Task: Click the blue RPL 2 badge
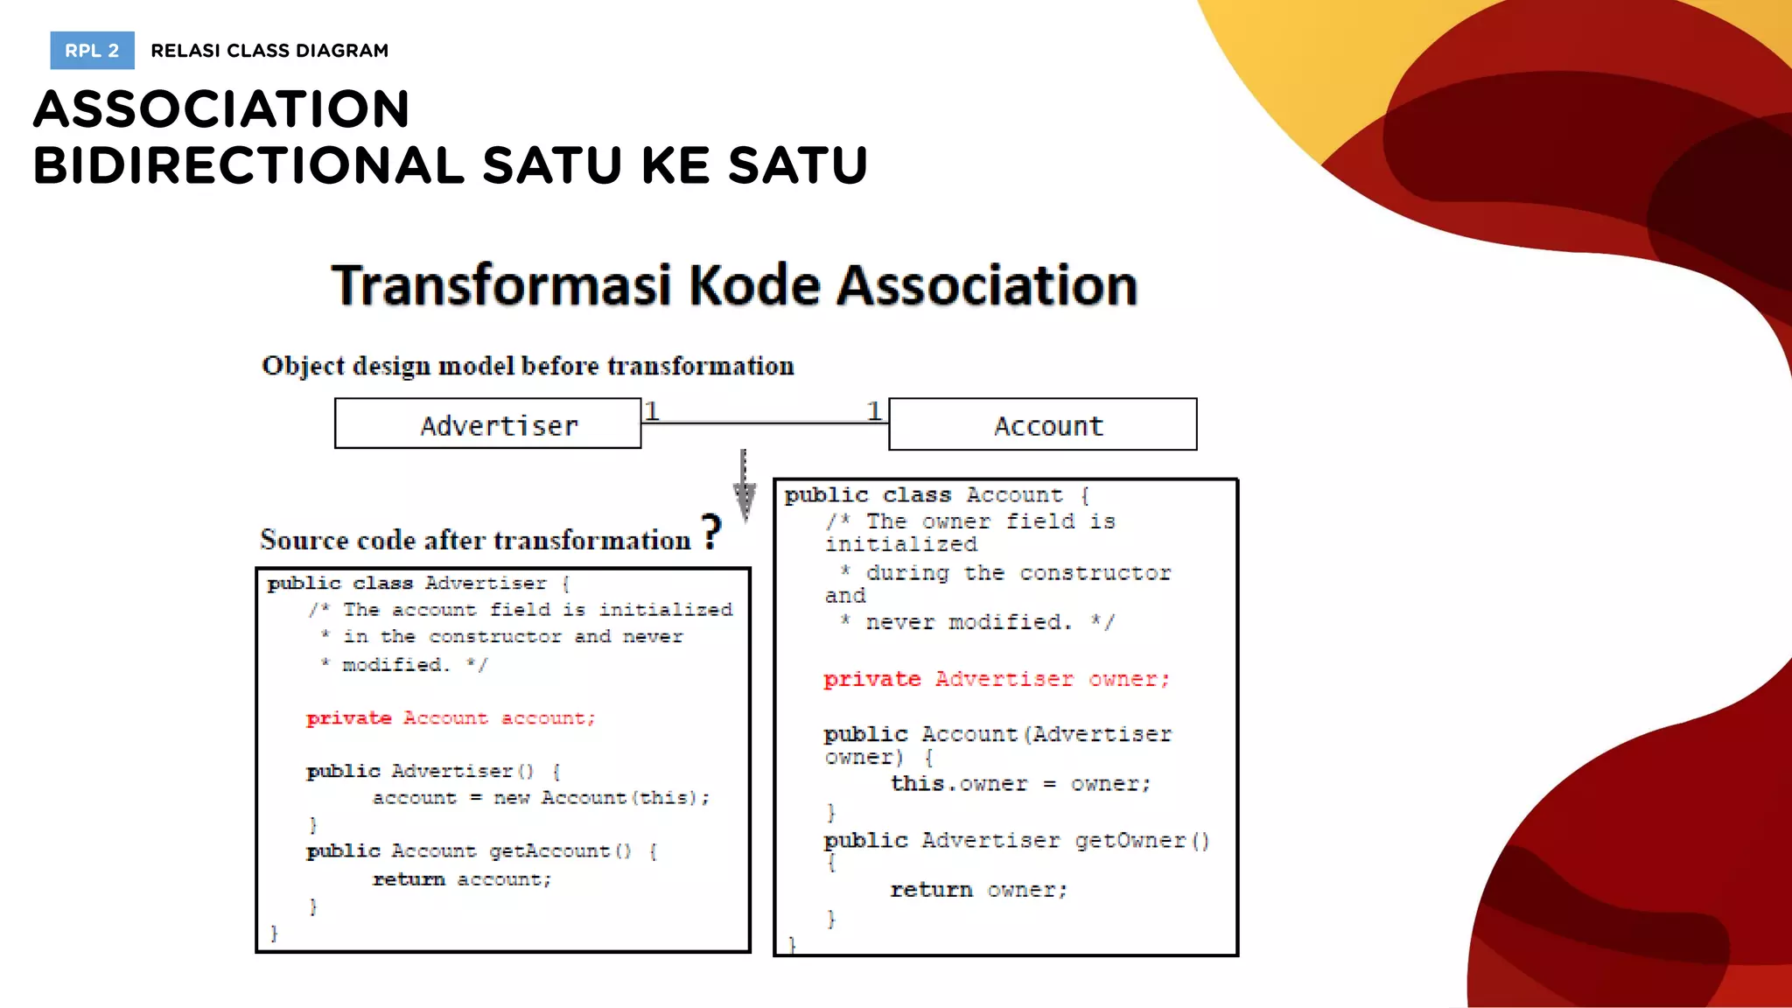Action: tap(92, 51)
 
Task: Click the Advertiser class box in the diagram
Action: tap(488, 424)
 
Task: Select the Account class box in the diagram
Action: tap(1042, 425)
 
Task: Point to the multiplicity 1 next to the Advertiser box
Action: tap(652, 409)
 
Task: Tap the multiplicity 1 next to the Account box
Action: tap(873, 409)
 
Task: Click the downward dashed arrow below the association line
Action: tap(744, 486)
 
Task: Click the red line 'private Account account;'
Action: tap(451, 718)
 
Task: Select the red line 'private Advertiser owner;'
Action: tap(996, 679)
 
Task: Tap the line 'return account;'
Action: tap(462, 879)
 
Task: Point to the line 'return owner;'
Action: tap(979, 890)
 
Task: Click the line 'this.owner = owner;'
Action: tap(1020, 784)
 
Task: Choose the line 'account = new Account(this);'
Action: tap(541, 798)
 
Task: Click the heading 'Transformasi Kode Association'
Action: tap(734, 285)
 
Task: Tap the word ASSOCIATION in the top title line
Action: tap(221, 108)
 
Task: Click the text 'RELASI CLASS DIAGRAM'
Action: tap(269, 51)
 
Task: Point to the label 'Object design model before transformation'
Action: tap(528, 366)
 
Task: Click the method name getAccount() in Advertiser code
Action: tap(560, 851)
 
